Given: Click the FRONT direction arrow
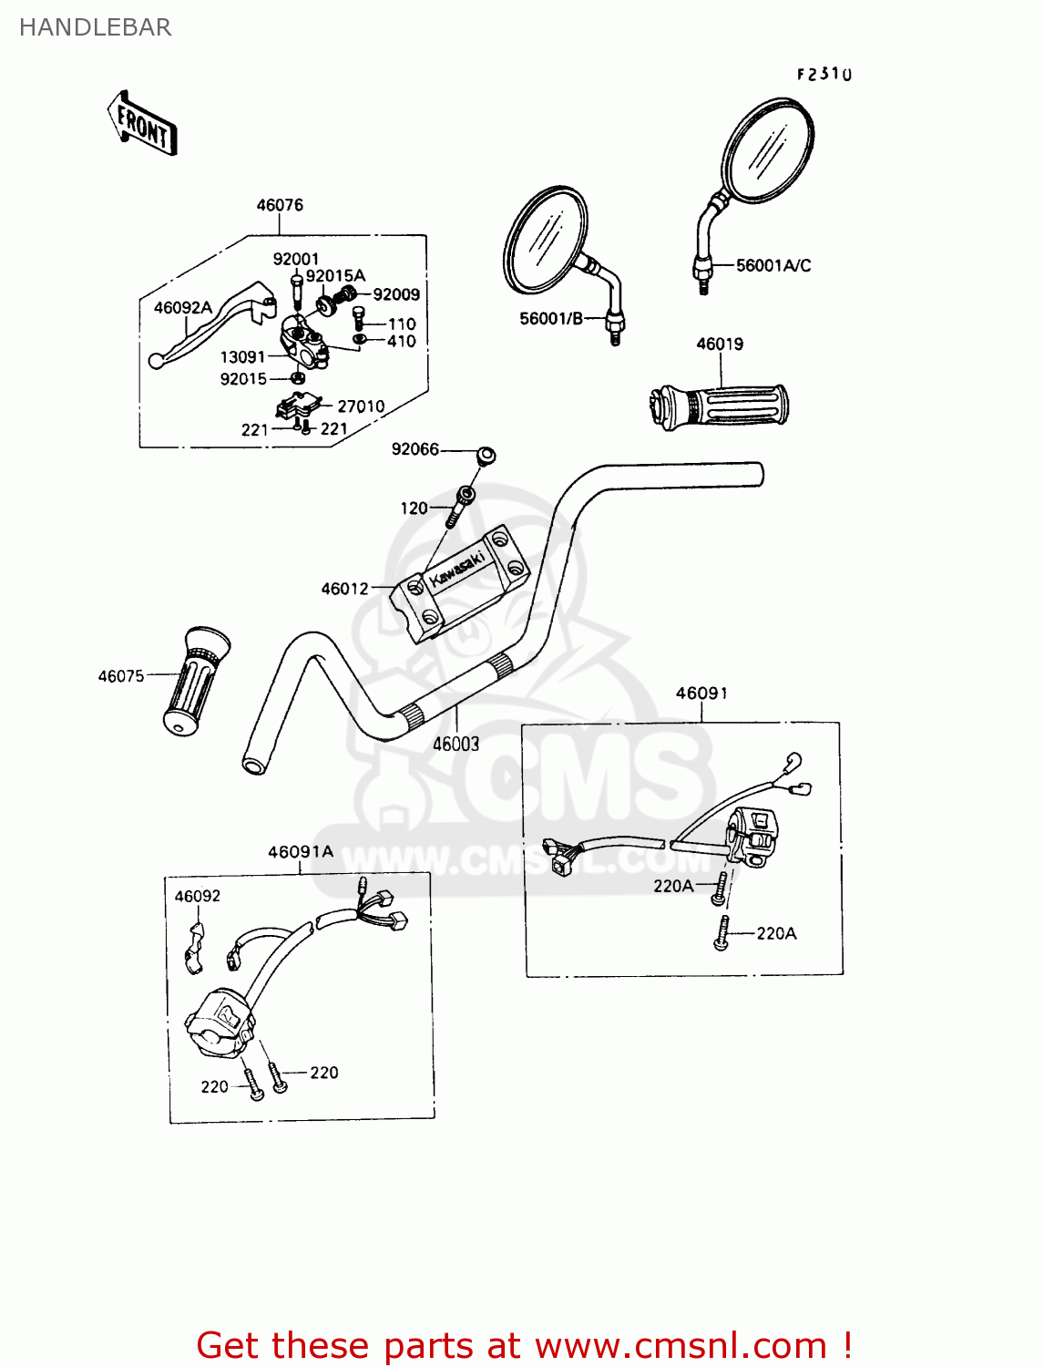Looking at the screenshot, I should [x=142, y=123].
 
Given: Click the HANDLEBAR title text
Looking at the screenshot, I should [x=95, y=28].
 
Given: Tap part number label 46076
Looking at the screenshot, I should [x=280, y=205].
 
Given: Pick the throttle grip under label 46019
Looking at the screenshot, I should [x=720, y=406].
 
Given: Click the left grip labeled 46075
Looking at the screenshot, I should [x=194, y=680].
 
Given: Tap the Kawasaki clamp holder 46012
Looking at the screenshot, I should [x=460, y=584].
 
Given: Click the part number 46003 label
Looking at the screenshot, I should [x=455, y=744].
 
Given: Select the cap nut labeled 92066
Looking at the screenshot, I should [x=486, y=454].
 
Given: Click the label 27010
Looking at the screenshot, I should [x=361, y=406].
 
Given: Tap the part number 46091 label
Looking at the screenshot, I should [x=701, y=694].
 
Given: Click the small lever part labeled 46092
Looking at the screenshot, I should [x=195, y=948].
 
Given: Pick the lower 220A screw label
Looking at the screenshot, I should [x=776, y=933].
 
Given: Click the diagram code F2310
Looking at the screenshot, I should [x=824, y=75].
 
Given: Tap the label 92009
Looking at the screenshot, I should [x=396, y=294].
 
